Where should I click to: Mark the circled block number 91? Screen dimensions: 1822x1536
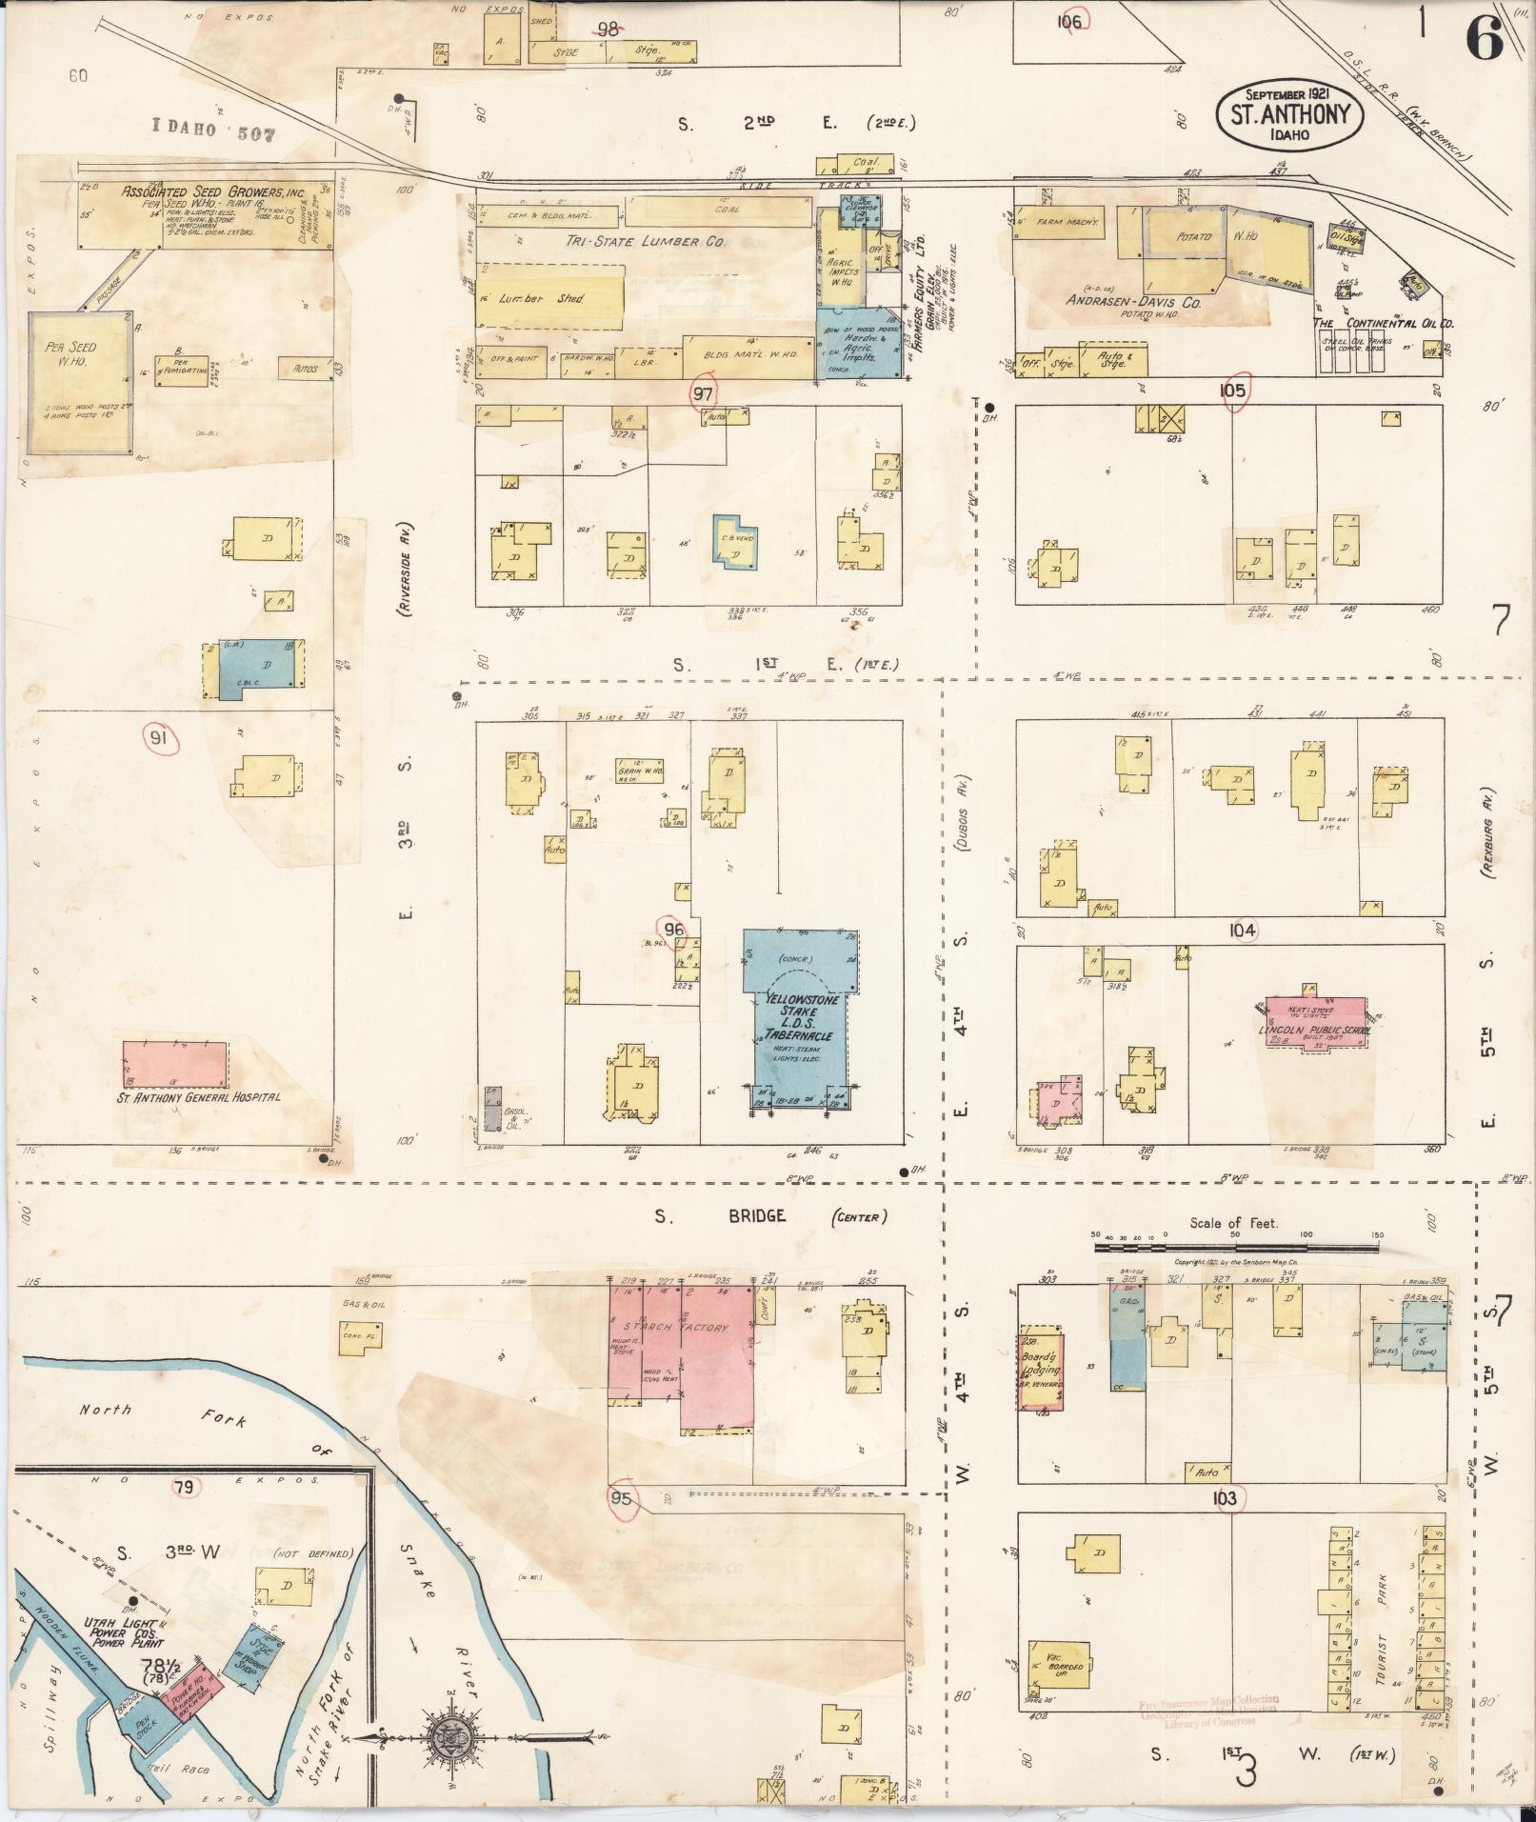(x=159, y=737)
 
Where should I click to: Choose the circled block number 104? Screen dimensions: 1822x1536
(x=1243, y=931)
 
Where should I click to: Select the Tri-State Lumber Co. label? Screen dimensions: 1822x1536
(x=661, y=242)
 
